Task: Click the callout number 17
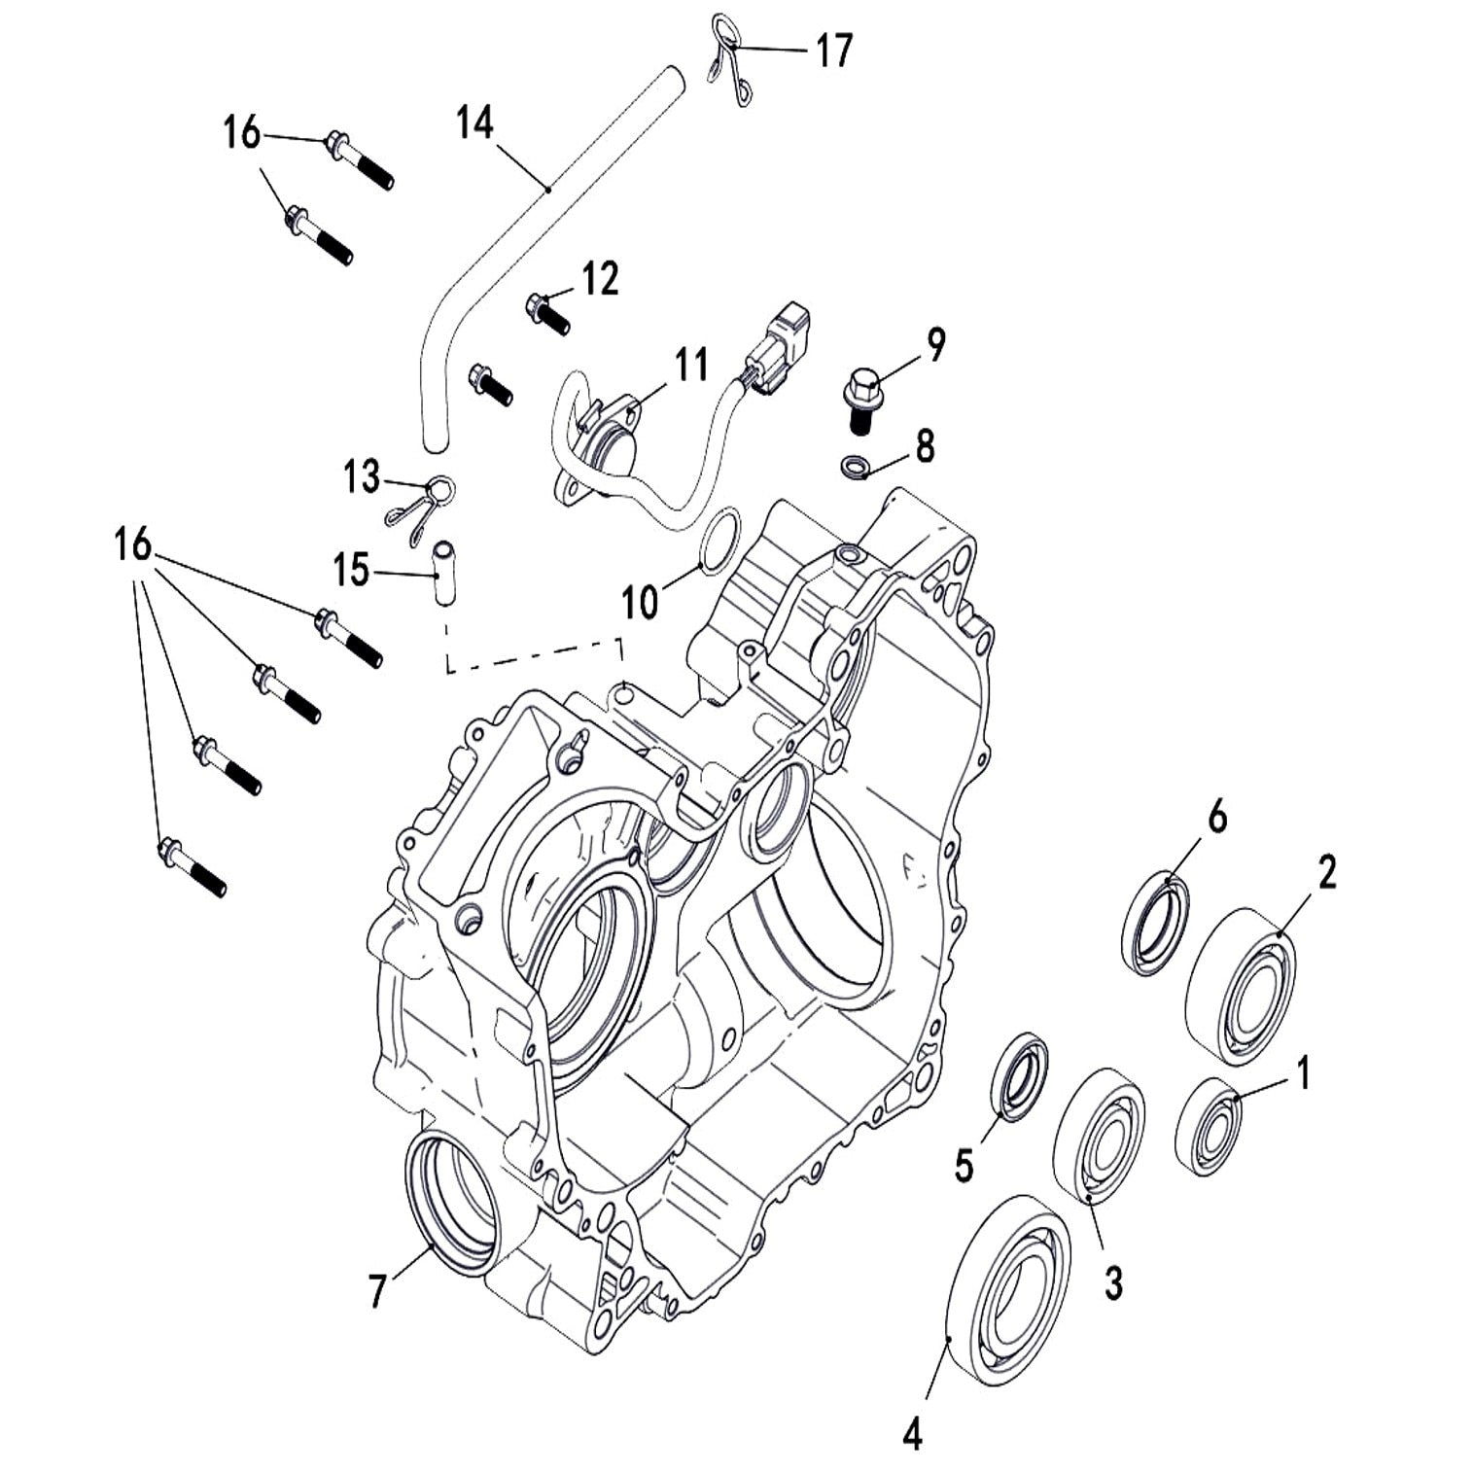tap(833, 51)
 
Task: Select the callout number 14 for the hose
tap(475, 124)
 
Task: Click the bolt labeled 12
tap(547, 312)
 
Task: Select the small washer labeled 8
tap(855, 466)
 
